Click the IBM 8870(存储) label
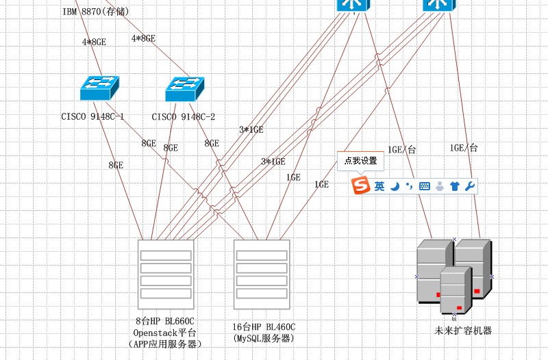(95, 12)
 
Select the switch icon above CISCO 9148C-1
(99, 87)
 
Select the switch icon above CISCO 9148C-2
(185, 87)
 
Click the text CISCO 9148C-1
(92, 116)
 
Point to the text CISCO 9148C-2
(183, 116)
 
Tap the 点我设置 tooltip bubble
(360, 161)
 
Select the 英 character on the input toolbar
(379, 185)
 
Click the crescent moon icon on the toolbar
(395, 185)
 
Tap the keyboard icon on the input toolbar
(425, 185)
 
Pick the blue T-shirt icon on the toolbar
(454, 185)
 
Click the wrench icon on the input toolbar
(469, 185)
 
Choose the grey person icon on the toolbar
(439, 185)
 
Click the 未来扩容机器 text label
(463, 331)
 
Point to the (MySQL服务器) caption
(264, 339)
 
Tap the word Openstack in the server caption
(155, 333)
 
